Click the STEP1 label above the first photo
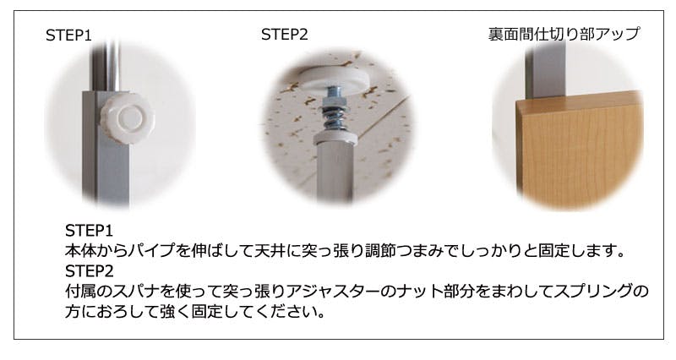click(x=69, y=35)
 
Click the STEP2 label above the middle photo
click(x=285, y=35)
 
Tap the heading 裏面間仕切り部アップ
click(x=564, y=34)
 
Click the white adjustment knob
click(x=127, y=118)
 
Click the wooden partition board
click(x=580, y=149)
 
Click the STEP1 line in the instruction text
click(x=89, y=231)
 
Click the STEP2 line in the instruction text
click(x=90, y=271)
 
